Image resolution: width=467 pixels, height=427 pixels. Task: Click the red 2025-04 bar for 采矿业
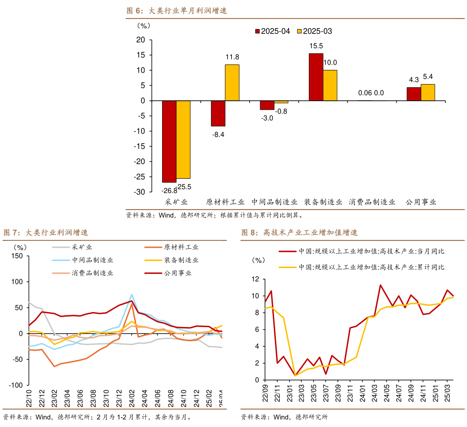(169, 141)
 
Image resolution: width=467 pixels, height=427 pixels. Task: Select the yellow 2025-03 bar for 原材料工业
(232, 83)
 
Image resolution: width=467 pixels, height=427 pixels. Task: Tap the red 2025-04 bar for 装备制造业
(316, 77)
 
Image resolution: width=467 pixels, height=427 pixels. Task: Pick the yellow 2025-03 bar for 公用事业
(428, 92)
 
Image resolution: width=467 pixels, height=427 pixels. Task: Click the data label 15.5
(316, 46)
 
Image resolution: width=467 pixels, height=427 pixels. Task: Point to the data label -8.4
(218, 135)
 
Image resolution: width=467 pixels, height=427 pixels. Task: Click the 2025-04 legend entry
(273, 31)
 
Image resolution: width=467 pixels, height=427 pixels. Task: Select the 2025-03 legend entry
(315, 31)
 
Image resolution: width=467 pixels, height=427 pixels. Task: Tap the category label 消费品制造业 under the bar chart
(372, 202)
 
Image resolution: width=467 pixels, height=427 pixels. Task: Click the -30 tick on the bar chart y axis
(139, 192)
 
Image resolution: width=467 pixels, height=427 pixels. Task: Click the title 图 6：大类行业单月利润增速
(177, 11)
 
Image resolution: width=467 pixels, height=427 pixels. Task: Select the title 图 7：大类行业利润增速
(46, 232)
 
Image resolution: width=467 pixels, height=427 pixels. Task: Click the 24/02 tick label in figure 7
(131, 399)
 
